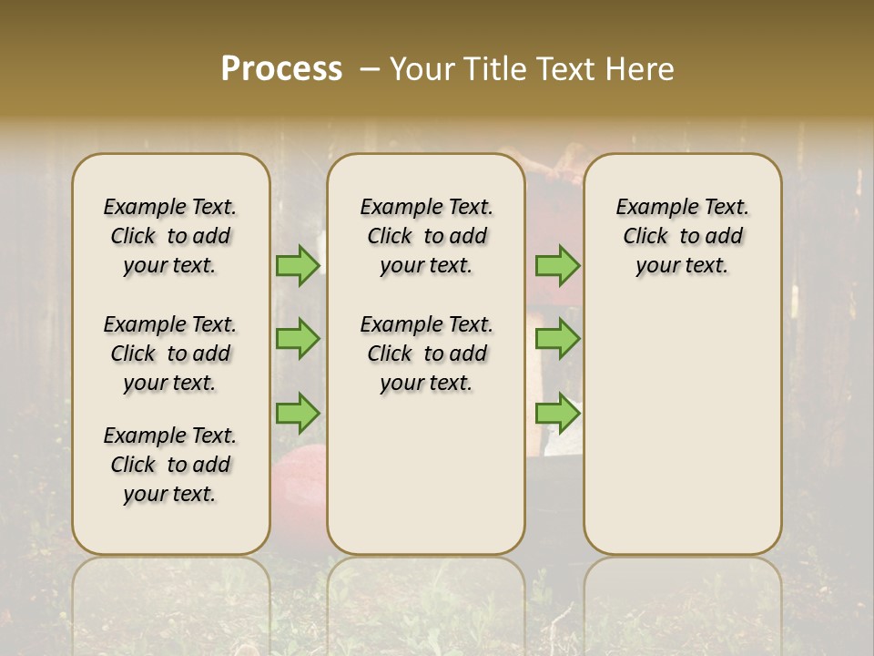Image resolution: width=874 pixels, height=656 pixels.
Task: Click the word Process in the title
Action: pos(281,69)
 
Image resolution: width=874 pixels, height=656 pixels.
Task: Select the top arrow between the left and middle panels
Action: pos(298,265)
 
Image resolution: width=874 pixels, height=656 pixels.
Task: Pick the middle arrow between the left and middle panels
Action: pos(298,339)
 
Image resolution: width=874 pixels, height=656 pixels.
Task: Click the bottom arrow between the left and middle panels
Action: pos(298,413)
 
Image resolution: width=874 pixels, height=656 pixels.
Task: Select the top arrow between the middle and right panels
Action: pos(557,265)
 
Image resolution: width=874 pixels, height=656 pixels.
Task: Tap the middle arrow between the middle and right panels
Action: pos(557,339)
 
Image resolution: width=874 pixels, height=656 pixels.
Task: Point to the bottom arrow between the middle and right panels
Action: pos(557,413)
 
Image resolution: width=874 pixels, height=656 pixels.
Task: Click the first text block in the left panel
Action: pos(170,236)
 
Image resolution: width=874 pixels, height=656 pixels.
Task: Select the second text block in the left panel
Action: pos(170,354)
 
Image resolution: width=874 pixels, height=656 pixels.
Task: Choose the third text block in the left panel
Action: pos(170,465)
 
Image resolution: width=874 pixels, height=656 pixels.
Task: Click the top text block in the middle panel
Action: pos(426,236)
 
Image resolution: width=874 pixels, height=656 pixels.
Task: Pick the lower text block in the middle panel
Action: pos(426,354)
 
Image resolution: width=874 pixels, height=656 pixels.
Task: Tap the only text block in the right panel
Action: pos(683,236)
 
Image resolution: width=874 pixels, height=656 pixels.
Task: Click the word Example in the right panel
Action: pos(650,208)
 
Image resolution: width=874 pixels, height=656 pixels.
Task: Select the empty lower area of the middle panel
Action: pos(426,474)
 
